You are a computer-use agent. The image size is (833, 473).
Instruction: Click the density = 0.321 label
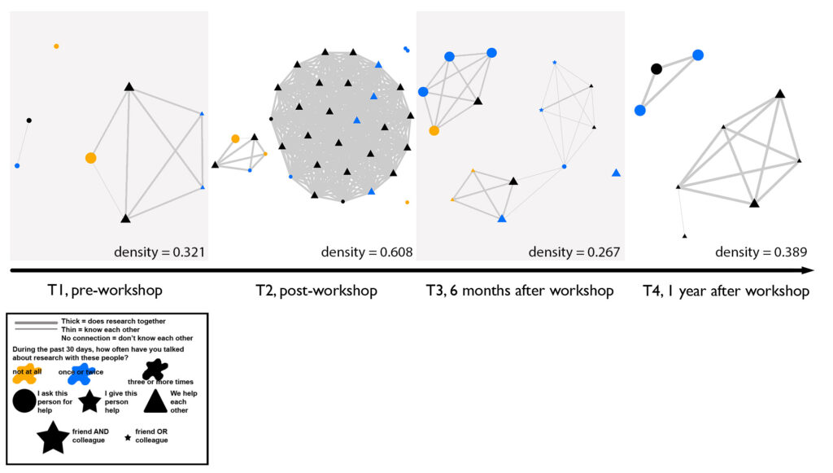159,252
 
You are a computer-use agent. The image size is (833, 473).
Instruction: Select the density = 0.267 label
574,252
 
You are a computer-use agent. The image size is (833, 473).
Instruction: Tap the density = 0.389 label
761,252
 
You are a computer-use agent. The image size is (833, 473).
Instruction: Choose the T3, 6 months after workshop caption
520,291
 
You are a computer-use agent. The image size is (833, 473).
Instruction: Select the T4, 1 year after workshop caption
724,291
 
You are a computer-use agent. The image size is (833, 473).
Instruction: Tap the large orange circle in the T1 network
90,158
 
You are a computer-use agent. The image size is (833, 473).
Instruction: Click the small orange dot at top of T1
56,46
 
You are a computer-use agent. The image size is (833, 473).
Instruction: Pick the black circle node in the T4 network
656,69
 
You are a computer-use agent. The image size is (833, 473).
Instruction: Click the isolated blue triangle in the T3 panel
616,173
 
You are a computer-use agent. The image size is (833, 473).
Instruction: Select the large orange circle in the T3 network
434,130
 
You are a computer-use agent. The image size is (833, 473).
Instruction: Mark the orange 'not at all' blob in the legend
28,373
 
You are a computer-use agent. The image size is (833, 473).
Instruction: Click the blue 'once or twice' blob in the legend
80,374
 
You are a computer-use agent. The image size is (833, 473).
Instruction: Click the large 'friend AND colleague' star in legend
53,437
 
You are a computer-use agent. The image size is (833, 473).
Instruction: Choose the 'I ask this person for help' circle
24,401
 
